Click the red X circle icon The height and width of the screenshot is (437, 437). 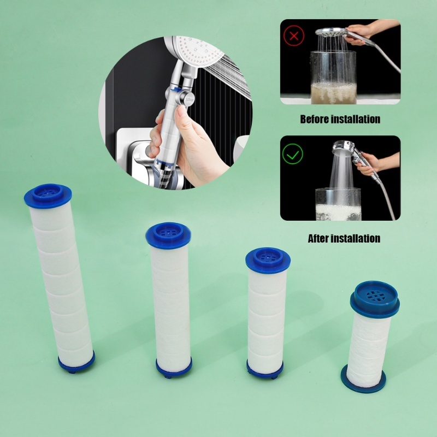click(x=294, y=36)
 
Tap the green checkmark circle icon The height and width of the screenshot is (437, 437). click(x=293, y=154)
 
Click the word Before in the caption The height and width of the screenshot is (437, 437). click(x=314, y=119)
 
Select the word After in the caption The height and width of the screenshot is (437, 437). click(x=317, y=239)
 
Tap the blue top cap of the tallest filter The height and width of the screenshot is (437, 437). click(x=48, y=196)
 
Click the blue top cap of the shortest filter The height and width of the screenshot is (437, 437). click(x=375, y=299)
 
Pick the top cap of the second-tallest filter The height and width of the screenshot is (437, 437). click(x=168, y=235)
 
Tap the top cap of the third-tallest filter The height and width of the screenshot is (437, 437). click(x=268, y=261)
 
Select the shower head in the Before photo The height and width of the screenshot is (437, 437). click(x=332, y=32)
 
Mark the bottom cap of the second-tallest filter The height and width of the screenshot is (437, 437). click(x=174, y=367)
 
